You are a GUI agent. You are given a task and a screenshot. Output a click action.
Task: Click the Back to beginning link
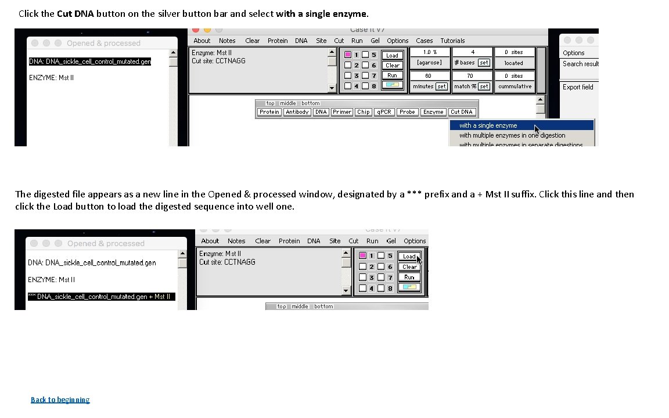[x=60, y=399]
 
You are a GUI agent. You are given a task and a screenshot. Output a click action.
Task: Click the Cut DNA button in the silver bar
[x=462, y=112]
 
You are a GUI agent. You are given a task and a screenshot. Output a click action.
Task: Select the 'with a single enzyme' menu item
[x=488, y=125]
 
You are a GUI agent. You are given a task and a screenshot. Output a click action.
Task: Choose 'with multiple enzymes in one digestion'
[x=512, y=135]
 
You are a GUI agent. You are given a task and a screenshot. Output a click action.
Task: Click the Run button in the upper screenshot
[x=393, y=75]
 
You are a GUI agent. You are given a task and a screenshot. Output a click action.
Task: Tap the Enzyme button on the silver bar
[x=433, y=112]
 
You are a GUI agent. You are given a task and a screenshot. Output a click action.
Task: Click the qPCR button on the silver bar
[x=383, y=112]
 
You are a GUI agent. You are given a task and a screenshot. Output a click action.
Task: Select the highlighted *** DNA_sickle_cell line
[x=100, y=297]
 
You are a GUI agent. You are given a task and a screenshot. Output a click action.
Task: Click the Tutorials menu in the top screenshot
[x=452, y=41]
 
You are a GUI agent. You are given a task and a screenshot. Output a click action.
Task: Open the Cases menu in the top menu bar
[x=424, y=41]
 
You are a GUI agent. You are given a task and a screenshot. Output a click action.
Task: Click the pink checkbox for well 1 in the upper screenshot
[x=348, y=55]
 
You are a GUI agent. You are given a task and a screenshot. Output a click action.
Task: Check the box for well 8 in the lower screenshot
[x=381, y=289]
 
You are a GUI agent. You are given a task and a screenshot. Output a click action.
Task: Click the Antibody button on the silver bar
[x=297, y=112]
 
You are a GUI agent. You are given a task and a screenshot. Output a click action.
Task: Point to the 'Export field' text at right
[x=578, y=87]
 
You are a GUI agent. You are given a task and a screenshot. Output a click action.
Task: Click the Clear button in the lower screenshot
[x=409, y=267]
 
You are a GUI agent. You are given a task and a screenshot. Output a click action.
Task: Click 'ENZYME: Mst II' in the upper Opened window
[x=51, y=77]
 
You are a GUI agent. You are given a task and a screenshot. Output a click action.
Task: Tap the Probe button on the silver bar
[x=407, y=112]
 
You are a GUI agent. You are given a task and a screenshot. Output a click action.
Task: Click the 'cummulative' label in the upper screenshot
[x=515, y=87]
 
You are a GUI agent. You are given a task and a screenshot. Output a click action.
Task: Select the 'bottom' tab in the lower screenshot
[x=323, y=307]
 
